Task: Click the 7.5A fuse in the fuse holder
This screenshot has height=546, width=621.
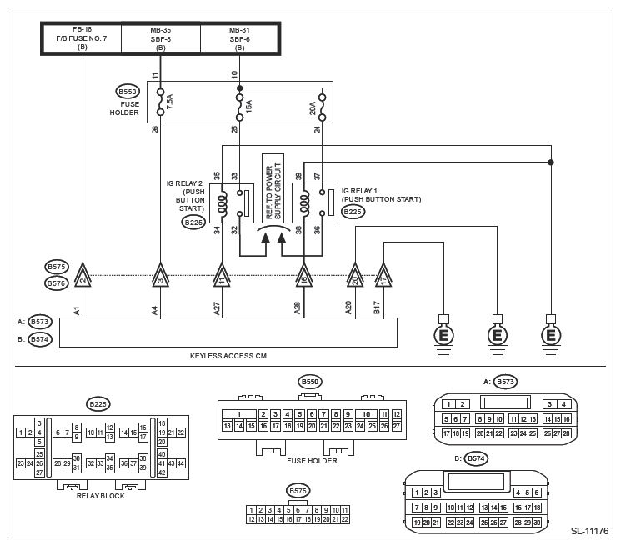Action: click(161, 103)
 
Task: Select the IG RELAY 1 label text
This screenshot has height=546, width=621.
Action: click(381, 195)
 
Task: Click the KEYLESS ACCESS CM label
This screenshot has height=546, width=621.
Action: click(228, 356)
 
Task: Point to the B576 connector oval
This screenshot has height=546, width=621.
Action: click(57, 283)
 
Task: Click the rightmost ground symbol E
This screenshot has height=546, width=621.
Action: click(549, 335)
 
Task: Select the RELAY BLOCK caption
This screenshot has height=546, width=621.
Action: click(100, 495)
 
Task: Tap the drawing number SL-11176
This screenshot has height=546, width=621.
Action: click(589, 531)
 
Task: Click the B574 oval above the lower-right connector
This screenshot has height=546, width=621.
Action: click(476, 458)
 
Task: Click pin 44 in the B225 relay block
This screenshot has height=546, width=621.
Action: click(180, 463)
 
